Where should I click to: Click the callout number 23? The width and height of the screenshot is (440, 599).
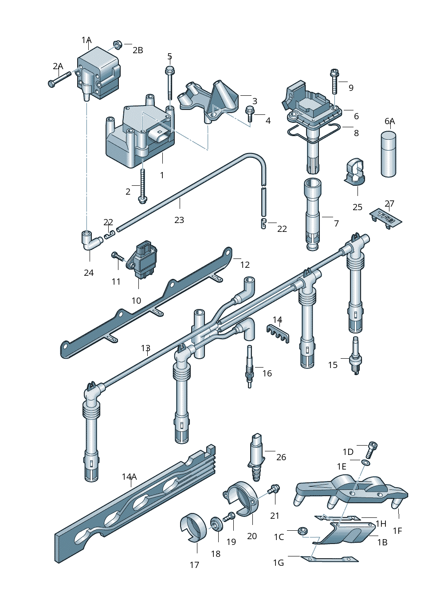coord(179,220)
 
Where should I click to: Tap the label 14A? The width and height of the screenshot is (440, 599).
coord(129,477)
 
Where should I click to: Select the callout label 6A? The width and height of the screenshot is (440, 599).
coord(389,121)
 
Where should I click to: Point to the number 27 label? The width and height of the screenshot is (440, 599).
coord(389,204)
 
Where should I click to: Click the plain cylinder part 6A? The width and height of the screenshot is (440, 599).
coord(389,154)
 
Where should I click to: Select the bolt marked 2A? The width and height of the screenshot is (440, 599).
coord(59,80)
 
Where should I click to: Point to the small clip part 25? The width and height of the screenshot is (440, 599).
coord(356,172)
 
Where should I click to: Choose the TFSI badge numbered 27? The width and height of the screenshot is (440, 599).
coord(386,218)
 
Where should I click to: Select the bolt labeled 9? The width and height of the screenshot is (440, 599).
coord(334,81)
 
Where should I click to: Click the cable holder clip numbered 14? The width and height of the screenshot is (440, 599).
coord(278,332)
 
